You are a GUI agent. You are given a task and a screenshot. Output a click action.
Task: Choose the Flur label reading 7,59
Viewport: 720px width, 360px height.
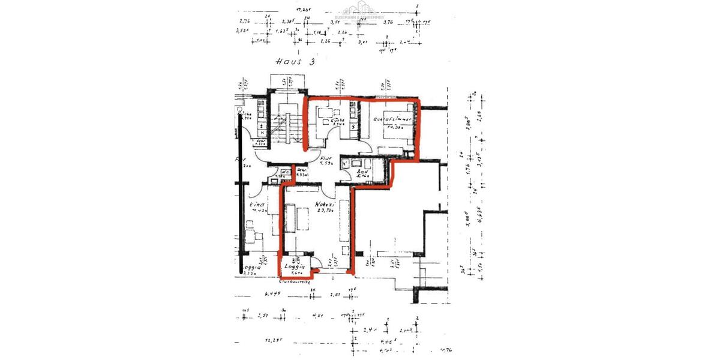(x=326, y=160)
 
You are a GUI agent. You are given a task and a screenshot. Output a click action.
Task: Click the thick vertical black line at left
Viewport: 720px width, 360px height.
(x=241, y=204)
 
